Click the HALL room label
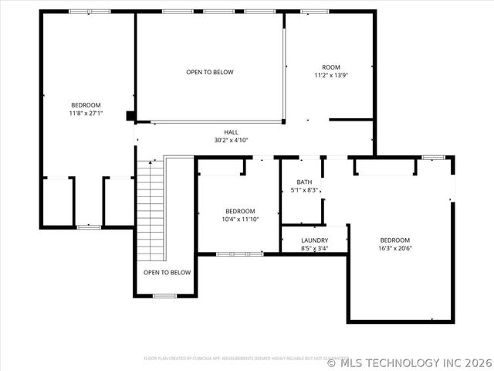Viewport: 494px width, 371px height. [231, 132]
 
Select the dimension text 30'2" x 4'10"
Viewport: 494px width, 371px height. [231, 141]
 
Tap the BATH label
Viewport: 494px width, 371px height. [304, 182]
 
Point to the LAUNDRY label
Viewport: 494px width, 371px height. [314, 240]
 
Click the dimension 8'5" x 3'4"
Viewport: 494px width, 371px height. [314, 249]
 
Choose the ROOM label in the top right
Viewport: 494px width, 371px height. [331, 67]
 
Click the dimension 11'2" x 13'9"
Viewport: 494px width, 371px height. [331, 76]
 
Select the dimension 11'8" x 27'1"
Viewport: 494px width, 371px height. [86, 113]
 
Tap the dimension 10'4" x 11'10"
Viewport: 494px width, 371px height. [240, 220]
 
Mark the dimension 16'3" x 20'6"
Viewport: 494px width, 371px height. [394, 248]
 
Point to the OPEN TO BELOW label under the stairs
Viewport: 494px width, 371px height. [167, 272]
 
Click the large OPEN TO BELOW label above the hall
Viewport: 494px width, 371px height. [209, 72]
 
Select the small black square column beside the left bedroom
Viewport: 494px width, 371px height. [131, 117]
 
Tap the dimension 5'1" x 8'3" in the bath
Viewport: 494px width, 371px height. [304, 190]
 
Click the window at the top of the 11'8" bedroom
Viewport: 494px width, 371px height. [89, 12]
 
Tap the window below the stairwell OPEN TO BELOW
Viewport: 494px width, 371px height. [164, 295]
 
